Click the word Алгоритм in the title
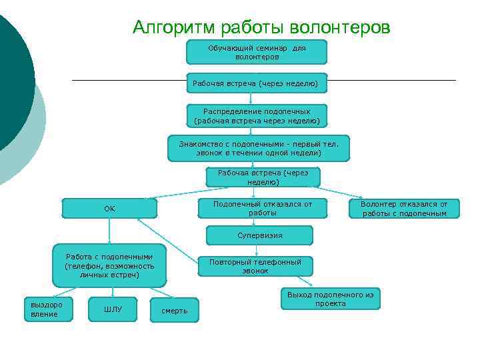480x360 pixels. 171,27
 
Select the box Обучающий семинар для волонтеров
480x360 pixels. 257,52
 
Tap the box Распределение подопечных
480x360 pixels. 257,116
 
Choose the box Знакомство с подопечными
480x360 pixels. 258,148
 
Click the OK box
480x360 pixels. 109,209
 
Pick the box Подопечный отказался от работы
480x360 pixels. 263,208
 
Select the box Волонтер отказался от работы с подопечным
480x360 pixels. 405,208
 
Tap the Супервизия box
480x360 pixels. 259,235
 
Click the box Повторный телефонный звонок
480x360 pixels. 255,266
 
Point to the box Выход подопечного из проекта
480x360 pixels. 330,299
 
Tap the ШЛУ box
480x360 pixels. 113,309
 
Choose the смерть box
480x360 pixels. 175,311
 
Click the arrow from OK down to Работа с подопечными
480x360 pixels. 109,233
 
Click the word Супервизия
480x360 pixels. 259,235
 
